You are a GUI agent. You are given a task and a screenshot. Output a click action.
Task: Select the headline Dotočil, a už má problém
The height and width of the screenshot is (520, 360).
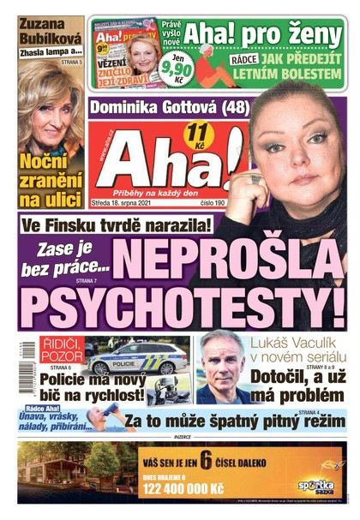click(296, 383)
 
